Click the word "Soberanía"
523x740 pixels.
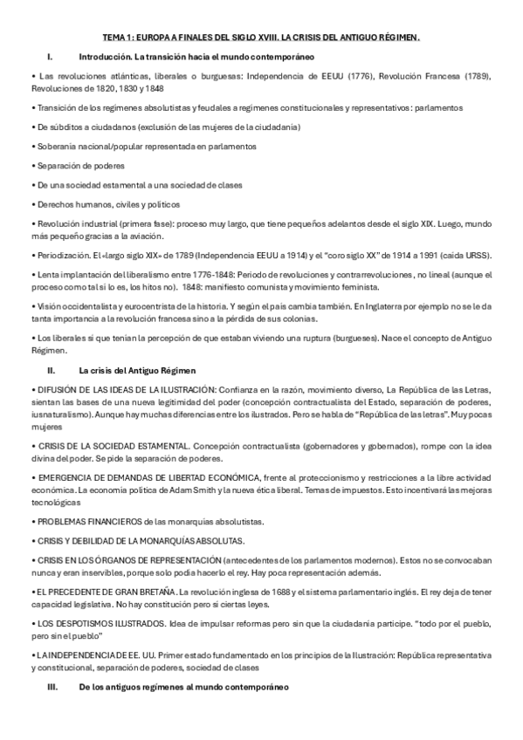coord(54,146)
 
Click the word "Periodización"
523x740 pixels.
coord(63,255)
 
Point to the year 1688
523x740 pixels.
coord(272,591)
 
